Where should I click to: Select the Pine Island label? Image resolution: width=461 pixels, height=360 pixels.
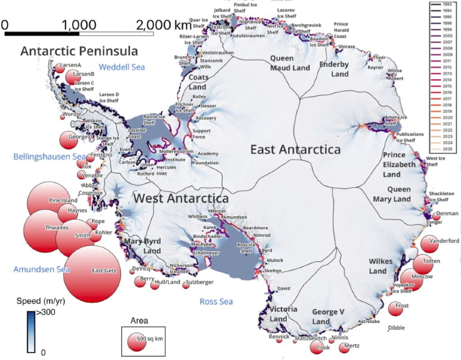point(63,201)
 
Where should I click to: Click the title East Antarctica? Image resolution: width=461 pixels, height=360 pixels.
point(295,149)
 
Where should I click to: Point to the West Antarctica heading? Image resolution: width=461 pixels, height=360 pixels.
point(181,198)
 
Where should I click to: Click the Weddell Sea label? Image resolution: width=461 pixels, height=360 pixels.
point(121,67)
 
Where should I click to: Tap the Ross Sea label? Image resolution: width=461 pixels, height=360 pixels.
point(216,302)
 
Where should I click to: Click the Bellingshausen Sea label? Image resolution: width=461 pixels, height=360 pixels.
point(49,156)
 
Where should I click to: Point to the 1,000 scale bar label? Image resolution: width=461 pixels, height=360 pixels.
point(79,25)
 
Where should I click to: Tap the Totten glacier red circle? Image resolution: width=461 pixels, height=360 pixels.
point(423,264)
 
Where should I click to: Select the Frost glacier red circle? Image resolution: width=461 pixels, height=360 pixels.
point(396,308)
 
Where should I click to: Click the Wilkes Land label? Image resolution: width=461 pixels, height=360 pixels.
point(378,266)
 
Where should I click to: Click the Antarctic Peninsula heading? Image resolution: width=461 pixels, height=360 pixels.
point(79,51)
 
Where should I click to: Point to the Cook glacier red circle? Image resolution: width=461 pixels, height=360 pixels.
point(317,347)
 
